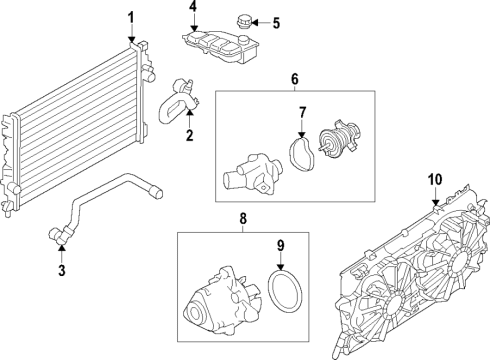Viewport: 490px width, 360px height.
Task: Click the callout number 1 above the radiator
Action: pos(130,16)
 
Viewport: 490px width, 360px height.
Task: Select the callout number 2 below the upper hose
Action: pos(188,133)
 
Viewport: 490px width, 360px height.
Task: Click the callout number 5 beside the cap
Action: pos(277,22)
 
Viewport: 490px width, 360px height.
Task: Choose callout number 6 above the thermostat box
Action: pos(295,78)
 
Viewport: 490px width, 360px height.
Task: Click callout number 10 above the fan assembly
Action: pos(435,180)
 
